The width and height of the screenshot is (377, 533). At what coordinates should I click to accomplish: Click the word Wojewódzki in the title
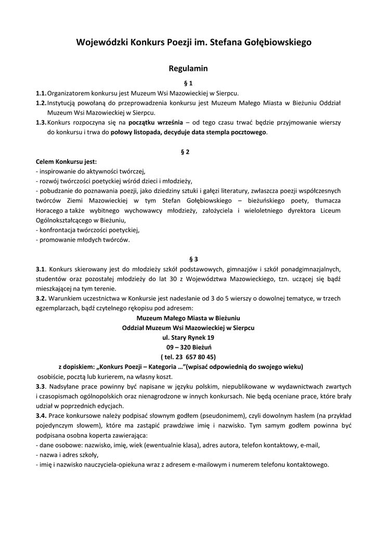pyautogui.click(x=98, y=42)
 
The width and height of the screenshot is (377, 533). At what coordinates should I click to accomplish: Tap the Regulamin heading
pyautogui.click(x=188, y=68)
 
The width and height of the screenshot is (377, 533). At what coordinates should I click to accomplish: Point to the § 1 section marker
pyautogui.click(x=188, y=83)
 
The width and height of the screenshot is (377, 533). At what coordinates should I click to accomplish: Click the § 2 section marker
pyautogui.click(x=188, y=151)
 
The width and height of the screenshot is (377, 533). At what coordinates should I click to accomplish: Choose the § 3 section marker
pyautogui.click(x=188, y=259)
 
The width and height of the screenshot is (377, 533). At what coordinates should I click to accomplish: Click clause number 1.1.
pyautogui.click(x=41, y=93)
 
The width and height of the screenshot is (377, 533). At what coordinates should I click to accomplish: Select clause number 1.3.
pyautogui.click(x=41, y=122)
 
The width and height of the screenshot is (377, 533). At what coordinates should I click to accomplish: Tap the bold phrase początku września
pyautogui.click(x=155, y=122)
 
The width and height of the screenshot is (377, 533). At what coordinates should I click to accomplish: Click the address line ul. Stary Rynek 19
pyautogui.click(x=188, y=337)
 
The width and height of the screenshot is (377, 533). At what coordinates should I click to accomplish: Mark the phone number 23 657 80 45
pyautogui.click(x=193, y=357)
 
